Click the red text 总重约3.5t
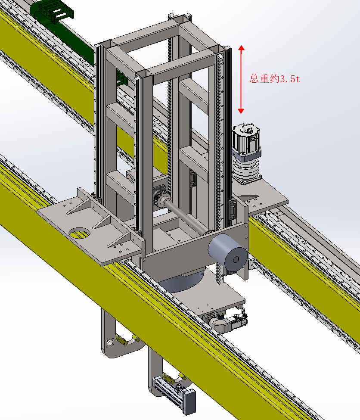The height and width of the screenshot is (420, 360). click(275, 79)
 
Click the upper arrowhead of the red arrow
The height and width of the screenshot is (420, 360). click(241, 48)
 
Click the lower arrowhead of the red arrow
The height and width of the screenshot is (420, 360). click(241, 111)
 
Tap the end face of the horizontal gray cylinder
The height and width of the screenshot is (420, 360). click(236, 259)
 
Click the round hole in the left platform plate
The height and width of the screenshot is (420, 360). click(80, 233)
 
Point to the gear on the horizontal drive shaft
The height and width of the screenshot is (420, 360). click(160, 200)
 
